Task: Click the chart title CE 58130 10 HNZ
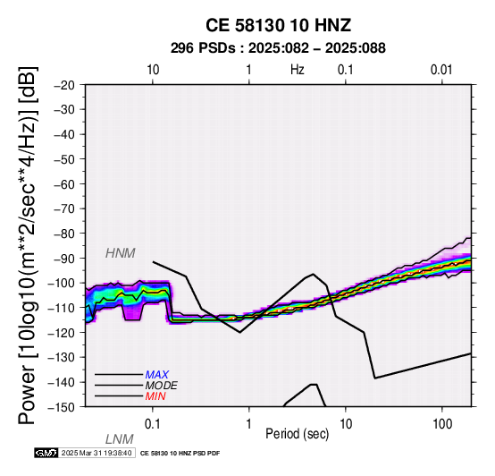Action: (x=278, y=25)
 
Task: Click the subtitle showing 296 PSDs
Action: (x=278, y=48)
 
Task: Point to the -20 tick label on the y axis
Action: (x=64, y=85)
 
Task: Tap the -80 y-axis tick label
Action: (x=64, y=234)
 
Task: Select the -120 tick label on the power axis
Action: (x=62, y=333)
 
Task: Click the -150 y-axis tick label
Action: (x=62, y=407)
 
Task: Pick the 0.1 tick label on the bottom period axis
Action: (x=153, y=424)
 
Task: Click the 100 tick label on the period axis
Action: (x=442, y=424)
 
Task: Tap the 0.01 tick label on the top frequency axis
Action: (x=441, y=70)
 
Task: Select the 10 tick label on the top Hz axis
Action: (x=153, y=70)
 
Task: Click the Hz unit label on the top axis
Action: (x=297, y=70)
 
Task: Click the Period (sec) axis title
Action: (x=297, y=434)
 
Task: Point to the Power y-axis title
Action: (x=28, y=245)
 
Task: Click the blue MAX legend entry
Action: (x=157, y=375)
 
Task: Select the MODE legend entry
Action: (x=162, y=386)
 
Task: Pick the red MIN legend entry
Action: (x=155, y=396)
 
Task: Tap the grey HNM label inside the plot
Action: (x=121, y=253)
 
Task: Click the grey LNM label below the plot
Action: (x=120, y=439)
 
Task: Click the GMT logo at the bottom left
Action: (x=46, y=453)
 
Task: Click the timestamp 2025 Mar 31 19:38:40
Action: (x=96, y=453)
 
